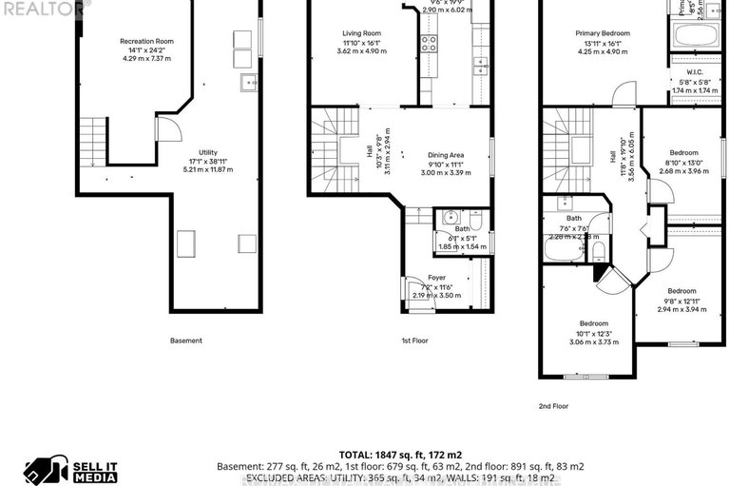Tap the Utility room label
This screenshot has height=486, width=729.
207,152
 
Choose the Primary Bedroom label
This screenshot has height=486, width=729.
603,33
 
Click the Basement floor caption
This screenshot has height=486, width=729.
185,340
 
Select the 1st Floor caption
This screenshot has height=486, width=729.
413,340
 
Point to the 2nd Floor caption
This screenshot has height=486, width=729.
553,406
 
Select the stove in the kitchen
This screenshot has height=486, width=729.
429,43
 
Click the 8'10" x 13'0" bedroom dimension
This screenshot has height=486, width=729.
683,162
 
